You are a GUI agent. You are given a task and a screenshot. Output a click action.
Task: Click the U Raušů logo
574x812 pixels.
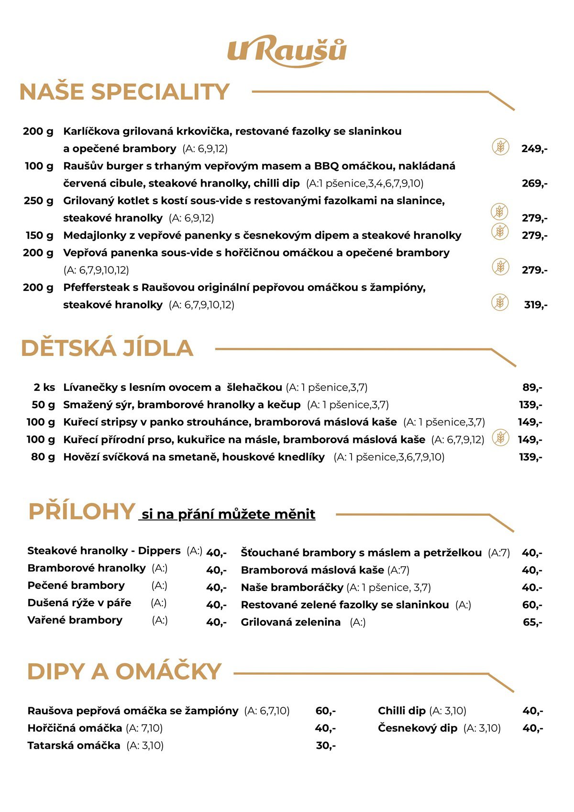pos(287,51)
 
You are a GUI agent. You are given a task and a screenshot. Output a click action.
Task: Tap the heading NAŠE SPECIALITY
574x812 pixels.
pos(124,92)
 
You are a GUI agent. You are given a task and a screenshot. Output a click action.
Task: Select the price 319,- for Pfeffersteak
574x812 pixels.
pos(535,305)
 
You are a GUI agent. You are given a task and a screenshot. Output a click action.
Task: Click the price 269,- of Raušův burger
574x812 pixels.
pos(534,183)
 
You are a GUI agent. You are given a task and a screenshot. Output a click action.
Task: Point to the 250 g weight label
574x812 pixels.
pos(39,200)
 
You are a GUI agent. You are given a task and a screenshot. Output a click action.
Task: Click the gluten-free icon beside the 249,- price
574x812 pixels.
pos(500,146)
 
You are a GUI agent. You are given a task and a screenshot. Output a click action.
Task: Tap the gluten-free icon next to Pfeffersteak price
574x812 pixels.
pos(500,302)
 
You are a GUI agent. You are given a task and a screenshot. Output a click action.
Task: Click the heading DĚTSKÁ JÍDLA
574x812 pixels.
pos(107,348)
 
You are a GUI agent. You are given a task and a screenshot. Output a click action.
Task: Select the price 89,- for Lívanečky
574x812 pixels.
pos(532,387)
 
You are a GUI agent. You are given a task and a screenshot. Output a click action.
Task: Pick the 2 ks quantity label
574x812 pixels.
pos(44,387)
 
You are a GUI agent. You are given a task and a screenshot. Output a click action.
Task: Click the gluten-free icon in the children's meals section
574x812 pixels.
pos(500,437)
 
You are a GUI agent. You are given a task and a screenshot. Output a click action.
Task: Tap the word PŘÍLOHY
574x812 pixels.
pos(81,512)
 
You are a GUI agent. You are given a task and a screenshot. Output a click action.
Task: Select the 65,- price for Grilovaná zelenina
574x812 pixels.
pos(532,622)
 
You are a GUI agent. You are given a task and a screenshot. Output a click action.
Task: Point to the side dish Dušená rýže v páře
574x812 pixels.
pos(79,603)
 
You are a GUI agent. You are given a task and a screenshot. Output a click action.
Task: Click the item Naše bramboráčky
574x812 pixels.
pos(292,587)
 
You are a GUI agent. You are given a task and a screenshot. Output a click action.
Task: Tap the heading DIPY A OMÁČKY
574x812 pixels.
pos(124,671)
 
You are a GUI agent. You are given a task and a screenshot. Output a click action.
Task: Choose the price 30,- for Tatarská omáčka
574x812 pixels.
pos(326,745)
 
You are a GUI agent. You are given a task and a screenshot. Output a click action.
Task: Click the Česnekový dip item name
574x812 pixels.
pos(418,728)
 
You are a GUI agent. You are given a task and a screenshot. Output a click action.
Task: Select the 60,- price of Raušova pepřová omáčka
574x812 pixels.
pos(326,711)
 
